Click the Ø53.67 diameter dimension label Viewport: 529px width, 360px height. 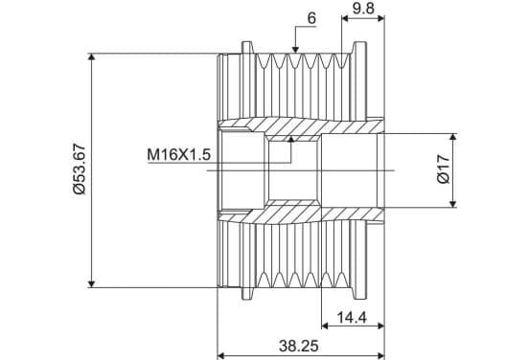(80, 169)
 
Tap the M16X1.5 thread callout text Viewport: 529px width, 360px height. (178, 155)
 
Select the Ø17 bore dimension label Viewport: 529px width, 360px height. (444, 169)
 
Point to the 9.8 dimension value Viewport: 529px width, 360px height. (363, 9)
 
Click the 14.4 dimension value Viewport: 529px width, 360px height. (352, 318)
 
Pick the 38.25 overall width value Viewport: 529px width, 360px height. (299, 346)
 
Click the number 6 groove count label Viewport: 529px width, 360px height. (311, 18)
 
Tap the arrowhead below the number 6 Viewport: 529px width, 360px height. (295, 49)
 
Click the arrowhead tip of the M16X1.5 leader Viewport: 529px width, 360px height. (291, 137)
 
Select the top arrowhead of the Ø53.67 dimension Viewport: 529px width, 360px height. (91, 56)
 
